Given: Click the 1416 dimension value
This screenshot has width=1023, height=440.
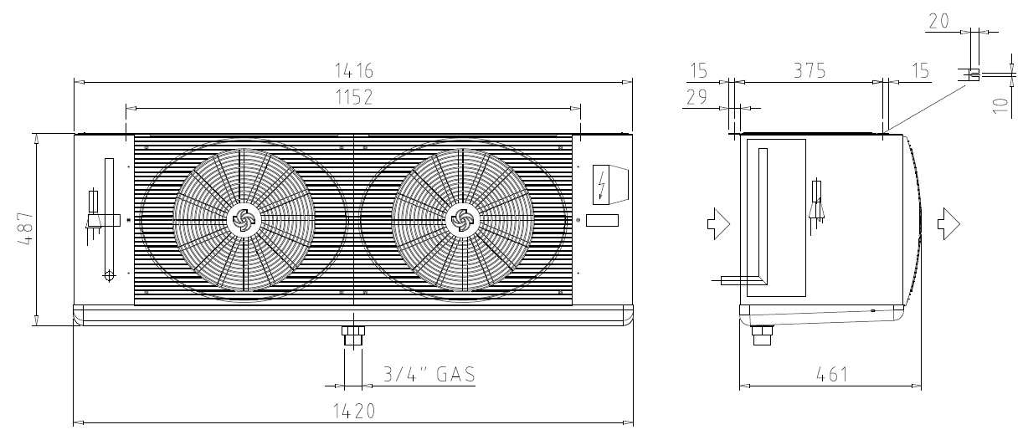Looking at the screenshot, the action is (354, 71).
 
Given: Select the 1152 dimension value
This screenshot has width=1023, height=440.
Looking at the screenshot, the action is (354, 97).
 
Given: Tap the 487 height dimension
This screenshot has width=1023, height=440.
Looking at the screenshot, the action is (26, 229).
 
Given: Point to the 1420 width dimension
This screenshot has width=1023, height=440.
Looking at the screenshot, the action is (354, 412).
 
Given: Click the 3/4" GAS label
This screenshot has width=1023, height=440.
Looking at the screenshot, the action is (429, 374).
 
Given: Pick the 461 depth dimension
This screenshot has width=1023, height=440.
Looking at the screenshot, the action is (831, 375).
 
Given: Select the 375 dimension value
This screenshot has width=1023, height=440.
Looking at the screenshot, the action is (810, 71).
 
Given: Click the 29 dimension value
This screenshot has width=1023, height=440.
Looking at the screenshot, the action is (697, 97).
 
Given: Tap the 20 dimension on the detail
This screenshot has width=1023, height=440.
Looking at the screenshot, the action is (939, 21).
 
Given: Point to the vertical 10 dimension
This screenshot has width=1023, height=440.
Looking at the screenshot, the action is (1000, 105).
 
